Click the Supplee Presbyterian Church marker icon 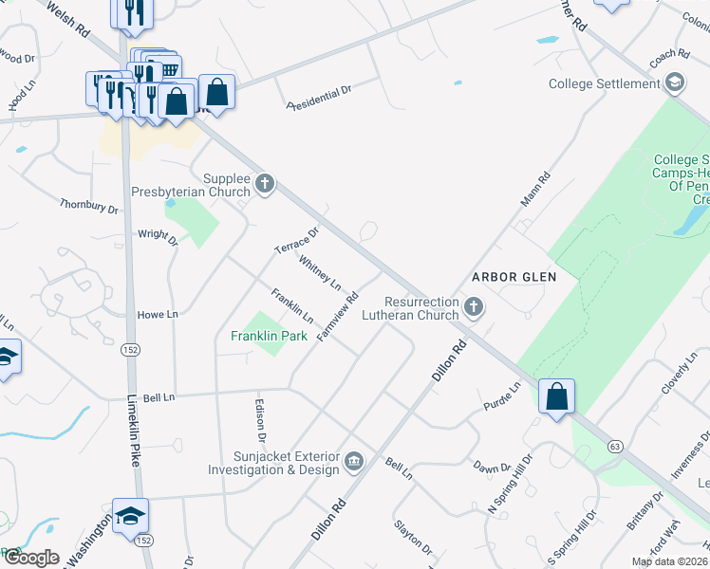(x=265, y=183)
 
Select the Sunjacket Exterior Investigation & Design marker (x=354, y=462)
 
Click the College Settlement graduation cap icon (x=675, y=83)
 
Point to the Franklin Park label (x=269, y=336)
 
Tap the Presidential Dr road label (x=320, y=97)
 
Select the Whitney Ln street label (x=320, y=271)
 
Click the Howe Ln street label (x=158, y=314)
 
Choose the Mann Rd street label (x=535, y=191)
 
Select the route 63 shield (x=615, y=445)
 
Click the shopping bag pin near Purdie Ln (x=557, y=396)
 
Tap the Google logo (x=31, y=558)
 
